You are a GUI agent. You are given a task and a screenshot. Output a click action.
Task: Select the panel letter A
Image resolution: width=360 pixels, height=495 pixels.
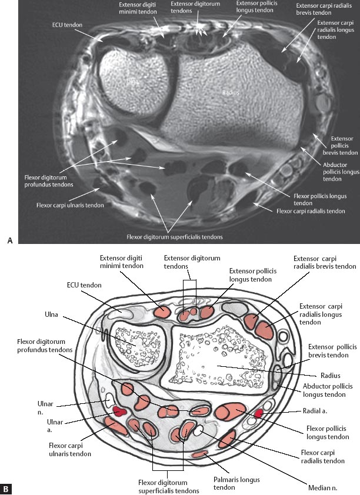(x=8, y=239)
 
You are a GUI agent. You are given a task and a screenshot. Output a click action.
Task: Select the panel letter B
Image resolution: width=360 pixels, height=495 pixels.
(x=6, y=488)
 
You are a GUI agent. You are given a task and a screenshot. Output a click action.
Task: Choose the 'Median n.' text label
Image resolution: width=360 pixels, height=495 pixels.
(x=322, y=487)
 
